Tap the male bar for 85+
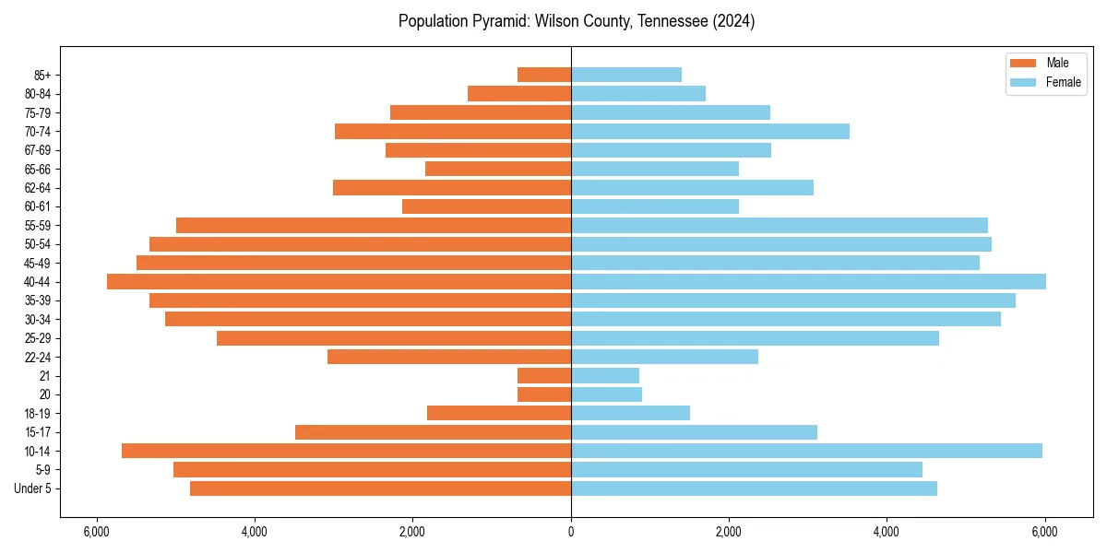[544, 75]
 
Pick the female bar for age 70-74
[709, 131]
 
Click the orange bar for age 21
[544, 375]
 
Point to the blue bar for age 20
[606, 394]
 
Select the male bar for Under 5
[380, 488]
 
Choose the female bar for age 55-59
[779, 225]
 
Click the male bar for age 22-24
[449, 357]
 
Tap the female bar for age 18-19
[630, 413]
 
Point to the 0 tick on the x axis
[571, 532]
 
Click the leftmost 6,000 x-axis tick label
[96, 532]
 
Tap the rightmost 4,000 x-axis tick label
[887, 532]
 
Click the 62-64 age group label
[37, 187]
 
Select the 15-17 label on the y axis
[37, 432]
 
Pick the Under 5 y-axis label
[33, 488]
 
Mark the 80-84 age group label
[37, 93]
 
